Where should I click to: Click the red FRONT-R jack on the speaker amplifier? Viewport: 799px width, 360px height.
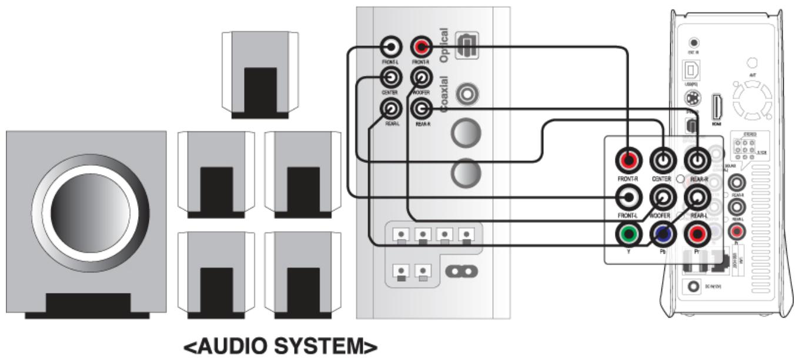tap(421, 46)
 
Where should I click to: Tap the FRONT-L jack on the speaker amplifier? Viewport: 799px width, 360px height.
tap(391, 46)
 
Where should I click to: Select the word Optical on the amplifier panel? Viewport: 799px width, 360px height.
tap(444, 45)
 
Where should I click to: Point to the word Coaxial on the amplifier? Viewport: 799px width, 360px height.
tap(444, 94)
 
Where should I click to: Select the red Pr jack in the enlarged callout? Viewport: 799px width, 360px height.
tap(698, 235)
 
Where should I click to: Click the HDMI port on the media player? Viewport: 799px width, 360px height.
tap(716, 106)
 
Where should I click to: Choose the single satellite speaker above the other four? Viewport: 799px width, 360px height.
tap(260, 75)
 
